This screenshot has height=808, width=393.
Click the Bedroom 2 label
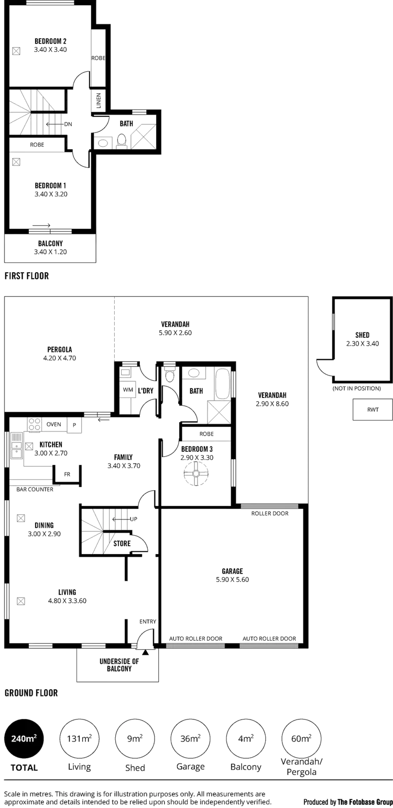click(51, 41)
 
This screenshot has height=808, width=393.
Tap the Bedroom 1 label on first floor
click(51, 185)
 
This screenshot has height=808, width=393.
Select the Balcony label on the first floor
click(51, 243)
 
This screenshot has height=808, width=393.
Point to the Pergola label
click(59, 349)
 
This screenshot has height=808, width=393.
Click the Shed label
click(362, 335)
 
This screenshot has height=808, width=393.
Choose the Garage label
click(231, 571)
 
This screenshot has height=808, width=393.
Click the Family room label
click(124, 457)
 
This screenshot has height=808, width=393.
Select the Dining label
click(44, 525)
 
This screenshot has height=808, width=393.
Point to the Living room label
click(67, 592)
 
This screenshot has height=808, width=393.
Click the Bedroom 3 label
click(197, 449)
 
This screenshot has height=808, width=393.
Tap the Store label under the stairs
click(122, 544)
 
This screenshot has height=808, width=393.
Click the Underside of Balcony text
click(118, 665)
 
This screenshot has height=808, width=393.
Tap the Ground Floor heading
click(31, 693)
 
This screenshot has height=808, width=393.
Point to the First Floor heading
click(27, 275)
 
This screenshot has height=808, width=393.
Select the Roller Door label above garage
click(270, 514)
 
